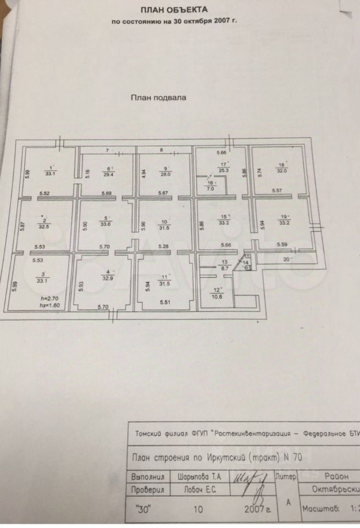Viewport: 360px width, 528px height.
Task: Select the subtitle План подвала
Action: pos(158,96)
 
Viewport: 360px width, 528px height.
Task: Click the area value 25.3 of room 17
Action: pos(222,170)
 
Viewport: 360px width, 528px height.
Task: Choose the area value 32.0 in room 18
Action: pos(281,170)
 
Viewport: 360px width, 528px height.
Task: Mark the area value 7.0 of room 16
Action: pos(211,189)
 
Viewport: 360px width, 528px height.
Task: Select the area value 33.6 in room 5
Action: pos(106,223)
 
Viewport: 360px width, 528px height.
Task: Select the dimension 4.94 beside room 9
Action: pos(144,174)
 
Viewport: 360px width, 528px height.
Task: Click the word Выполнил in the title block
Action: pos(150,475)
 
